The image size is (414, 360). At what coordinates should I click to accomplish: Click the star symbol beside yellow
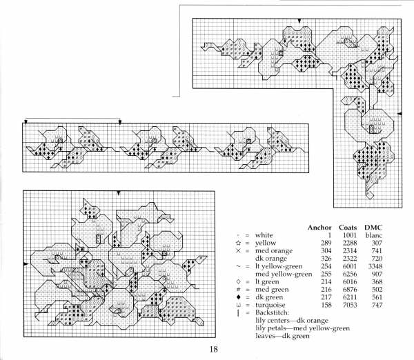[238, 243]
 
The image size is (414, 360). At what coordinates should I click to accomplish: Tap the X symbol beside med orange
[238, 252]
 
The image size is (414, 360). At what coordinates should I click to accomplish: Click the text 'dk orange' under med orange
[271, 259]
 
